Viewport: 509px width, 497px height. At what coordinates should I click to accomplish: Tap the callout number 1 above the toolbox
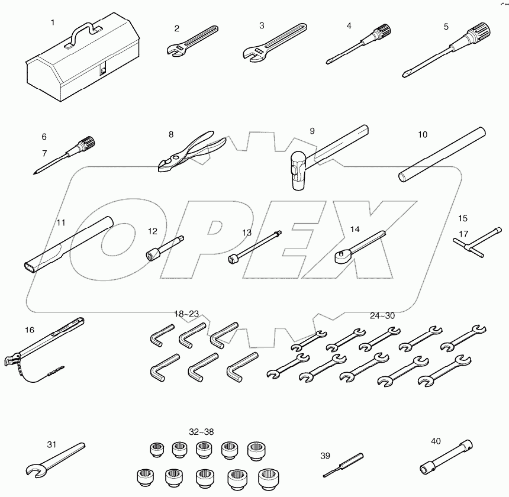(x=53, y=22)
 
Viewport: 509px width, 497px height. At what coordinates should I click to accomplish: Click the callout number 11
(x=61, y=223)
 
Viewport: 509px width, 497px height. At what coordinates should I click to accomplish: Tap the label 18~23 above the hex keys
(x=186, y=314)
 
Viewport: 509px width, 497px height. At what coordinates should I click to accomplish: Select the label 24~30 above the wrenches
(x=382, y=315)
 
